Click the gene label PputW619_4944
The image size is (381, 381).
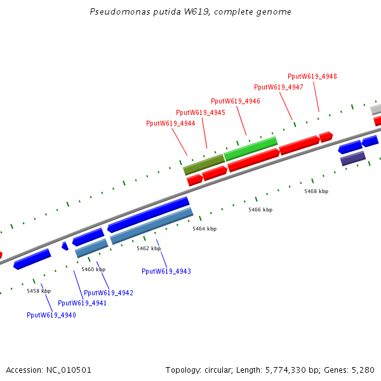[171, 123]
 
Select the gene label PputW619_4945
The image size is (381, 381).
[201, 112]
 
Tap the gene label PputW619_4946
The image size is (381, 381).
[236, 101]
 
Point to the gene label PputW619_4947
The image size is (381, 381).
[279, 87]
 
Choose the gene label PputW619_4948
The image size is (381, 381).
[312, 76]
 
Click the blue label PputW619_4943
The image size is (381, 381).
[166, 271]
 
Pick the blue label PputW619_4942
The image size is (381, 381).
[109, 293]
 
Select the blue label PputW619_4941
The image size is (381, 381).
[83, 303]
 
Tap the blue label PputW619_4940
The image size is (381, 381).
[51, 315]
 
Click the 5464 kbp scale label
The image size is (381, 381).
[204, 229]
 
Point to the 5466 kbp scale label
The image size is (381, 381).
[260, 210]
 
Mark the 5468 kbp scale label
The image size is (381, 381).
[316, 191]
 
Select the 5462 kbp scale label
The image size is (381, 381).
[149, 248]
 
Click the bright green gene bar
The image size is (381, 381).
[251, 149]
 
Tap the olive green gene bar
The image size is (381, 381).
[204, 164]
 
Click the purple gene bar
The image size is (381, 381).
[353, 158]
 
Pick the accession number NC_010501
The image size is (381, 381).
[69, 370]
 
